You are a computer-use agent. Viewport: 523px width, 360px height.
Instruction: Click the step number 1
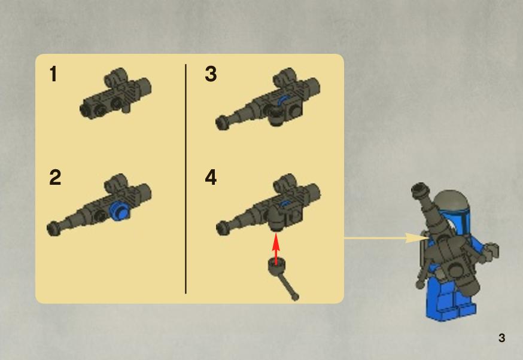click(53, 74)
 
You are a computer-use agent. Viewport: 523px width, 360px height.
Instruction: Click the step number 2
click(55, 178)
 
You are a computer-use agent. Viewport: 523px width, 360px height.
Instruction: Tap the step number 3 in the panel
click(211, 74)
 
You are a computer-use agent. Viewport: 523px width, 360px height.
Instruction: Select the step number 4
click(211, 178)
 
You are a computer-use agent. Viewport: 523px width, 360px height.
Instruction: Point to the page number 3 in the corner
click(501, 338)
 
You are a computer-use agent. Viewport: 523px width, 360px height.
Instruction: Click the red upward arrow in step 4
click(276, 249)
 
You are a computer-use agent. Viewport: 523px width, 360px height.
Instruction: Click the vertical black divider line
click(186, 179)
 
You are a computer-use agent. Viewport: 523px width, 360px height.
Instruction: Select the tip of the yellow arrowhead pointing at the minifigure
click(429, 238)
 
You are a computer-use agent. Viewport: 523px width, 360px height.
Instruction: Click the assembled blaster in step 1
click(115, 93)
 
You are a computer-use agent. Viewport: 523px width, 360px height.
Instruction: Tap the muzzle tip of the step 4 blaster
click(223, 228)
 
